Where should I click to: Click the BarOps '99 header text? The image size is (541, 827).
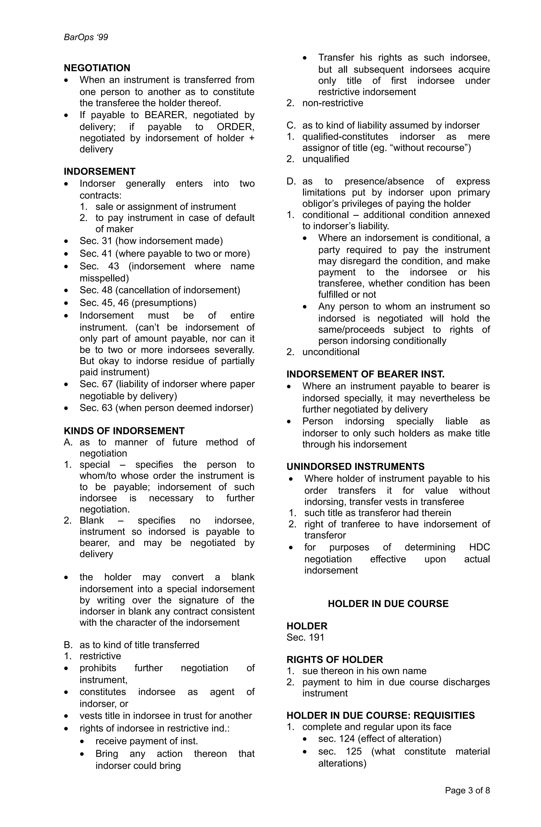coord(86,37)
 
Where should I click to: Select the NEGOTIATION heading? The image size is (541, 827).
coord(97,68)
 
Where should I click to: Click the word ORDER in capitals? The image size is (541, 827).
coord(235,127)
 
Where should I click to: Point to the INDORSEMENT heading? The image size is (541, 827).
coord(99,171)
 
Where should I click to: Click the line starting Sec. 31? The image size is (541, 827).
coord(151,241)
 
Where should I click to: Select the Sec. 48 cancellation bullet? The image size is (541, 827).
coord(160,290)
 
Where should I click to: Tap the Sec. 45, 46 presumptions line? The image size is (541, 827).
coord(138,303)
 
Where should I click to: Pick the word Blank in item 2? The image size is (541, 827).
coord(91,520)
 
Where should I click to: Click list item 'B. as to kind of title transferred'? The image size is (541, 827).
coord(132,645)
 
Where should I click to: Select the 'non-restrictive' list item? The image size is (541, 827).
coord(332,103)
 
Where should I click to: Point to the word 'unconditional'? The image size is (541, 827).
coord(331,352)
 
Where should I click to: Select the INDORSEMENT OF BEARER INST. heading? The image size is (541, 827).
coord(365,374)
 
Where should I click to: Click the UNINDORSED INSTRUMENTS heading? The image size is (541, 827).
coord(355,466)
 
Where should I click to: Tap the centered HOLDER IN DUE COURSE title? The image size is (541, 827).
coord(388,604)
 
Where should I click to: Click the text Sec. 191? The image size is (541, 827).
coord(305,637)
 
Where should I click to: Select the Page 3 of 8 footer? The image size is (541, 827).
coord(467,791)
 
